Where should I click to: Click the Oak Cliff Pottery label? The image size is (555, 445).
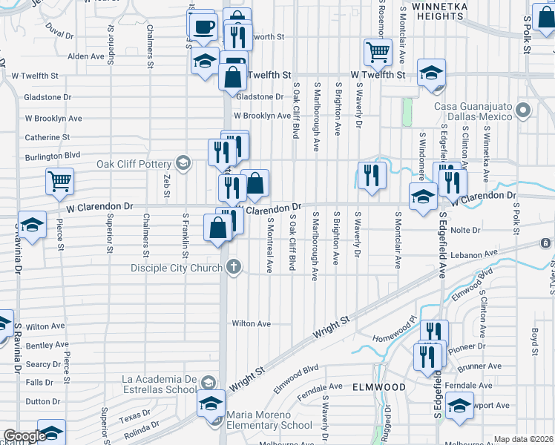point(134,164)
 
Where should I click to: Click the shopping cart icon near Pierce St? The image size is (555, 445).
point(59,180)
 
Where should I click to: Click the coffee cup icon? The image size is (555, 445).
point(203,27)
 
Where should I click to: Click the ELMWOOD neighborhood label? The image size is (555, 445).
point(378,387)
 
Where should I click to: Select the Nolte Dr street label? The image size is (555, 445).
point(466,231)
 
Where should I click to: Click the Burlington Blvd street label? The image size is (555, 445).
point(52,156)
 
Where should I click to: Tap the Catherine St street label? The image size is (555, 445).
point(47,137)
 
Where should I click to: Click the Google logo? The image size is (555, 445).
point(24,436)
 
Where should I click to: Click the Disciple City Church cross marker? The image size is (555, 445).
point(234,266)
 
